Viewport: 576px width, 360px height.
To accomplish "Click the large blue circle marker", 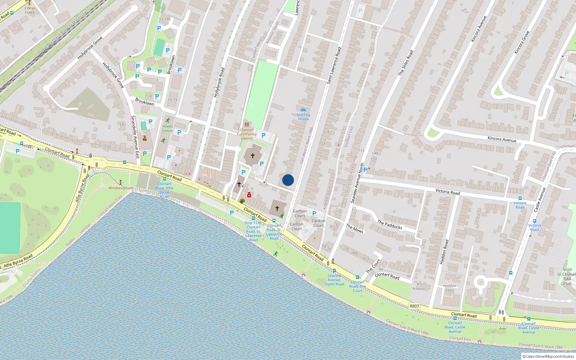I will coord(288,180).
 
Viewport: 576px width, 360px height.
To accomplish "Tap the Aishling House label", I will coord(303,117).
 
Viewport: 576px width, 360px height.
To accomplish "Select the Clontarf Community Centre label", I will coord(247,134).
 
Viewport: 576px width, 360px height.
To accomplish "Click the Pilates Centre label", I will coord(167,129).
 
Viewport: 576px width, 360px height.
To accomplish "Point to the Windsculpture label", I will coord(120,188).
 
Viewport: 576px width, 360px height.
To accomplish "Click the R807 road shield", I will coord(414,306).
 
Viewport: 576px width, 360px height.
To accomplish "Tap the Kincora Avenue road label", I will coord(501,139).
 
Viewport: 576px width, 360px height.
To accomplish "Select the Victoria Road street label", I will coord(447,192).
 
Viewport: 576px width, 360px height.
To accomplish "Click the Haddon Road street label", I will coord(444,252).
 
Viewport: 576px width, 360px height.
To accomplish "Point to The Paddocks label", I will coord(390,225).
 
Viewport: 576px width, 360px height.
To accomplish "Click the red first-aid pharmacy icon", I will coord(249,195).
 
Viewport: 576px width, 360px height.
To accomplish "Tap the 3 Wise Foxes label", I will coord(30,10).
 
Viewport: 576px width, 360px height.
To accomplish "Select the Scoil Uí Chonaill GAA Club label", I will coord(567,276).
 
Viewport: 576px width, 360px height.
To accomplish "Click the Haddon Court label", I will coord(449,288).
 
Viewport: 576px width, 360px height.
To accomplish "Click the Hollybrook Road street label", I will coord(219,82).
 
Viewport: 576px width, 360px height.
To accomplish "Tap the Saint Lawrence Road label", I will coord(334,66).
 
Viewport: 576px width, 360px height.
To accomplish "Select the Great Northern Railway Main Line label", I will coord(63,33).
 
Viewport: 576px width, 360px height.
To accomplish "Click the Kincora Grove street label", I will coord(522,42).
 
